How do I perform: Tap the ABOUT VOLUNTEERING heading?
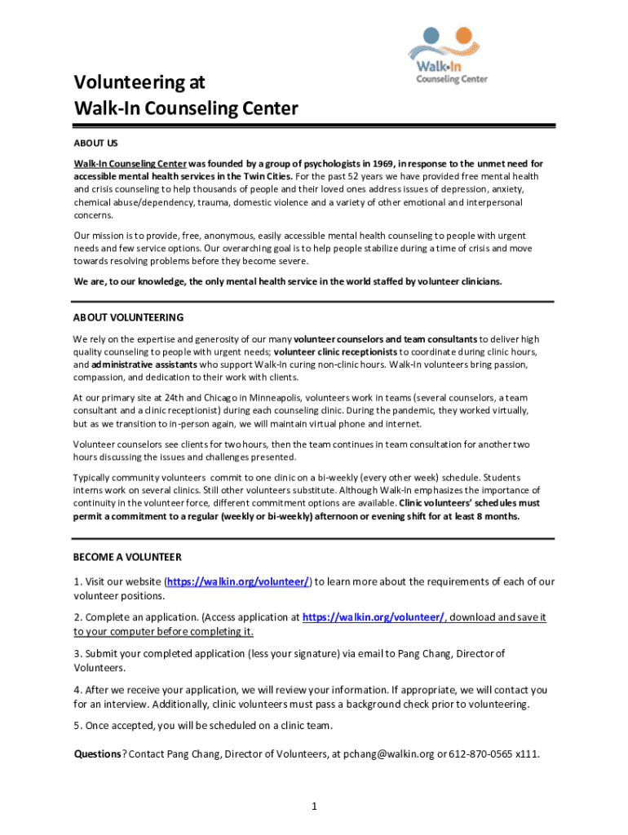click(x=128, y=317)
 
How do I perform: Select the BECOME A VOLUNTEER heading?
click(x=127, y=557)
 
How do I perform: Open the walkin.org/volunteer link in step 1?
click(x=239, y=581)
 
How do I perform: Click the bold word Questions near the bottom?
click(x=98, y=754)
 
